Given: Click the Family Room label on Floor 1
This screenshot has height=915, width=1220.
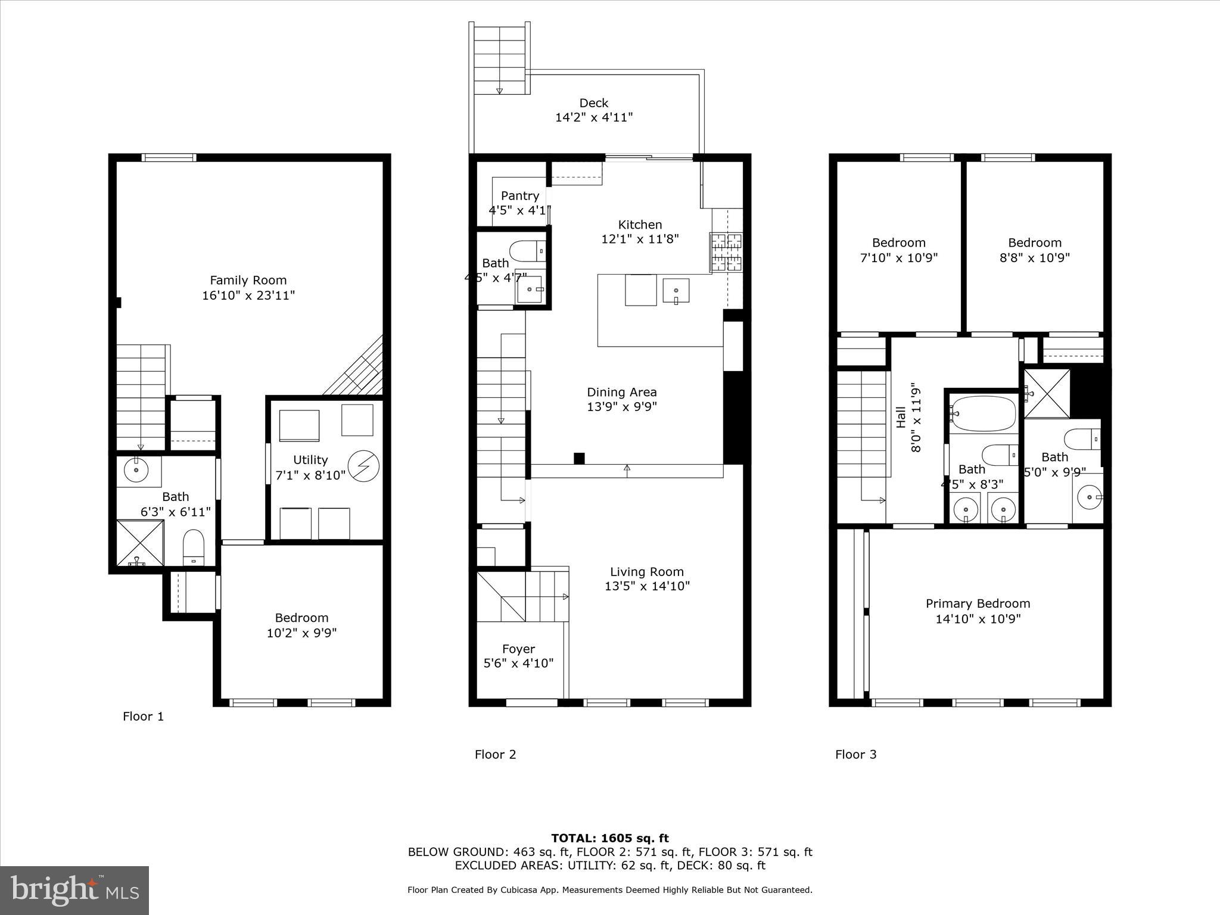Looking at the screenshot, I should click(248, 280).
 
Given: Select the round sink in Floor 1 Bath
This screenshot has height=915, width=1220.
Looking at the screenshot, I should click(137, 470).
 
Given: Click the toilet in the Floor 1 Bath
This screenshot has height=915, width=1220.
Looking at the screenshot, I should click(193, 547).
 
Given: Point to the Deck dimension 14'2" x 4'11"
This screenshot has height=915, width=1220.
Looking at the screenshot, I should click(593, 117).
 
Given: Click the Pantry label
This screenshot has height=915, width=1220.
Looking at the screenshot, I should click(519, 195).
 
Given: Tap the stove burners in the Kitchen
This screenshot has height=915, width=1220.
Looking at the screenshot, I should click(726, 253).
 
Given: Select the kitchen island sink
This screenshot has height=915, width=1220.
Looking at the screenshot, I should click(676, 291).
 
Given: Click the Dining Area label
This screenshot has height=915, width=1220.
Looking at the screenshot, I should click(621, 392).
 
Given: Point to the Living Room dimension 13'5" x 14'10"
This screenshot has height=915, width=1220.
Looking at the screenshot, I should click(646, 586).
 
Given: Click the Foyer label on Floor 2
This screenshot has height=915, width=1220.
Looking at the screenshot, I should click(518, 649).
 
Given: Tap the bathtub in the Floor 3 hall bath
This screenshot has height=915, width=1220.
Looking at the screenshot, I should click(982, 413).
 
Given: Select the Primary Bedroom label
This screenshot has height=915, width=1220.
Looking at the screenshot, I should click(978, 603).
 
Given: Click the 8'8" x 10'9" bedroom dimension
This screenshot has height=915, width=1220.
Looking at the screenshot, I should click(1034, 258).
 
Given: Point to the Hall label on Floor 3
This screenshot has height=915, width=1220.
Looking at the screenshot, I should click(901, 417).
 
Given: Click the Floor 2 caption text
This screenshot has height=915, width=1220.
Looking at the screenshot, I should click(495, 755).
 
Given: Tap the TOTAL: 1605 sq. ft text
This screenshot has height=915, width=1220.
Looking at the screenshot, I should click(609, 838).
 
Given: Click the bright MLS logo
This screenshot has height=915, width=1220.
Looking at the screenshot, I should click(74, 890).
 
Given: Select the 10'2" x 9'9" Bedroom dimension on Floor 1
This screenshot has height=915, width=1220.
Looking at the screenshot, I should click(301, 633).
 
